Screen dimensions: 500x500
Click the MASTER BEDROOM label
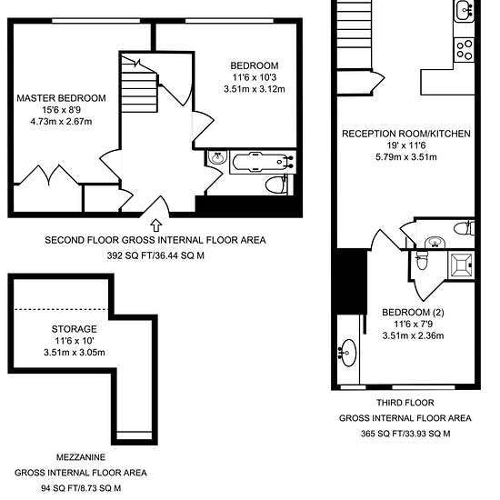[61, 98]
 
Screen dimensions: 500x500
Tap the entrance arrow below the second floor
[156, 225]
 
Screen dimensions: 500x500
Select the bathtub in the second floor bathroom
[263, 162]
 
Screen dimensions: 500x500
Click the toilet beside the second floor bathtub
[277, 185]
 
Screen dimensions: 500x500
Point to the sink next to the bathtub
[218, 157]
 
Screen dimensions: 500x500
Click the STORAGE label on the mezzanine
[75, 329]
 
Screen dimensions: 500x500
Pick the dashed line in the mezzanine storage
[61, 309]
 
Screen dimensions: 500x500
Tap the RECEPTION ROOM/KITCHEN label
[406, 134]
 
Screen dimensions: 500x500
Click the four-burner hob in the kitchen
[465, 49]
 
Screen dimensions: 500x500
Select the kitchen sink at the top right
[465, 11]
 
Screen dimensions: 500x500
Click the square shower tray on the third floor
[461, 265]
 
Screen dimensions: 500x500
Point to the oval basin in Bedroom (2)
[347, 353]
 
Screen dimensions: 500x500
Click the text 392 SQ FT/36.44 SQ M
[155, 255]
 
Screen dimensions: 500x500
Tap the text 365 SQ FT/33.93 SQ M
[405, 434]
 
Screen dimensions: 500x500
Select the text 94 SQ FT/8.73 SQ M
[81, 488]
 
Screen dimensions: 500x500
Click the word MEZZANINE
[81, 457]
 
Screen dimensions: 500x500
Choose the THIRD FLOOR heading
[405, 403]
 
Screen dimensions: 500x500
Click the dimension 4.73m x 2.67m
[61, 122]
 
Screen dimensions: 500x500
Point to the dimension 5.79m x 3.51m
[406, 157]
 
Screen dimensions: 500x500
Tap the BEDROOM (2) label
[413, 312]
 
